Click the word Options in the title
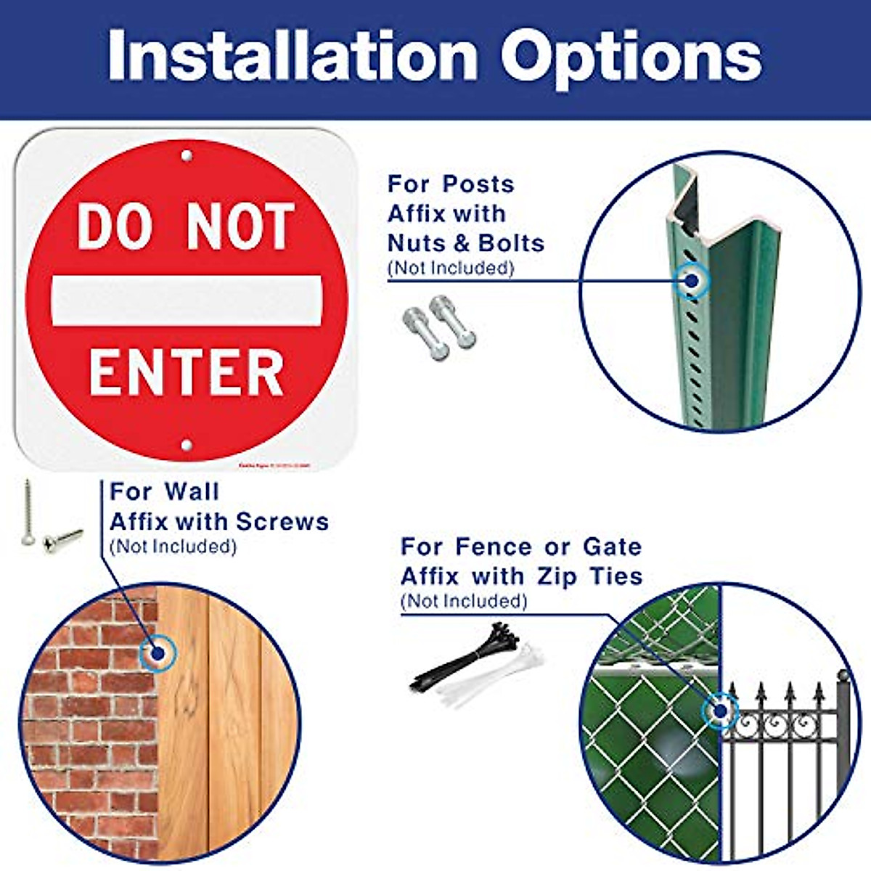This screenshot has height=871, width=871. (631, 57)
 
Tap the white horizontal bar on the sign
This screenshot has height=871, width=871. (187, 300)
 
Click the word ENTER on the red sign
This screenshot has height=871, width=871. (187, 373)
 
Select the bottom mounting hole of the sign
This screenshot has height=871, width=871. (187, 445)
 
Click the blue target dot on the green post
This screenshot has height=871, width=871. (692, 280)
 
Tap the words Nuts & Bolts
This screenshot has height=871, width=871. (466, 242)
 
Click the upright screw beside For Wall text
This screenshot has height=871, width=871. (28, 512)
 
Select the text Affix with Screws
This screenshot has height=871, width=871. (219, 521)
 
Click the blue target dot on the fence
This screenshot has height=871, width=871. (721, 711)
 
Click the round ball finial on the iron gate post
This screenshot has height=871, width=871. (843, 675)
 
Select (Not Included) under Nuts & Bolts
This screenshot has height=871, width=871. (451, 268)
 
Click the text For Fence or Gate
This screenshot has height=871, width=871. (521, 547)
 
